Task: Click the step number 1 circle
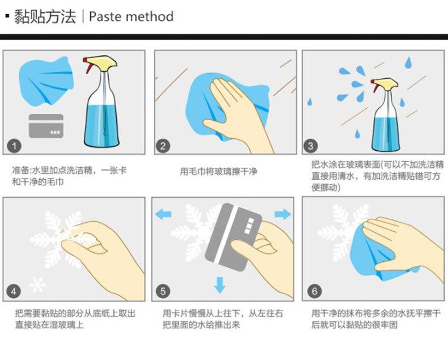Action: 14,146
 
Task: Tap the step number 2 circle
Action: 163,146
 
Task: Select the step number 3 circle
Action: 311,146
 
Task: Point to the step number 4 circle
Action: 14,291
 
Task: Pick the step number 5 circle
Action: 163,291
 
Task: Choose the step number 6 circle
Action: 314,291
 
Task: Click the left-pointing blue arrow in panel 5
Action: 163,214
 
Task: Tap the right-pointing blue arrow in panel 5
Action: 283,214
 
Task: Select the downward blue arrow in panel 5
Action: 219,285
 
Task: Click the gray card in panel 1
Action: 46,126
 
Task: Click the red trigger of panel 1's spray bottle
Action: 88,65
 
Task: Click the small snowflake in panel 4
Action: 37,284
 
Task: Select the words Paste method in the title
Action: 131,16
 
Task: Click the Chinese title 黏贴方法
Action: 45,16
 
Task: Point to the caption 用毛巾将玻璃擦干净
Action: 218,171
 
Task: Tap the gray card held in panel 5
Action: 234,237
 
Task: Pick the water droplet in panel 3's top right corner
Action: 408,62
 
